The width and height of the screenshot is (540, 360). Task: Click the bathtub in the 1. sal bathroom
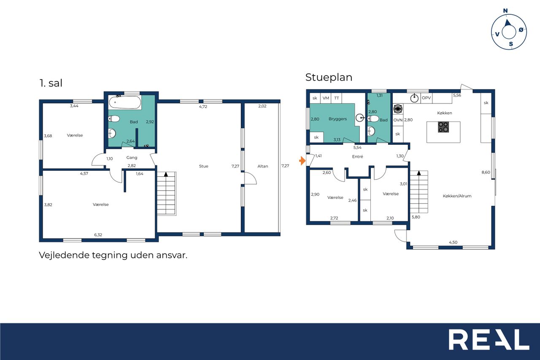[x=125, y=103]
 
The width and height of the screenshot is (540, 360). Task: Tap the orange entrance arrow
[x=302, y=161]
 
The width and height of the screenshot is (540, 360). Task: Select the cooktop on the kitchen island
[x=443, y=127]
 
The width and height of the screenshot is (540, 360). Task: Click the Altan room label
[x=262, y=166]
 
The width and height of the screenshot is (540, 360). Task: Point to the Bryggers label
[x=337, y=119]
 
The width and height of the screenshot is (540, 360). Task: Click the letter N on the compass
[x=505, y=11]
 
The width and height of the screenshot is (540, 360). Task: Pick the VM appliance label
[x=326, y=98]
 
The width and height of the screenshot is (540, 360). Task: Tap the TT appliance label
[x=337, y=98]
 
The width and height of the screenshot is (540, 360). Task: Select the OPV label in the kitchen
[x=426, y=98]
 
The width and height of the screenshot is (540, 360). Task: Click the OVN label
[x=398, y=120]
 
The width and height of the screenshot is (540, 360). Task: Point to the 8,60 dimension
[x=486, y=172]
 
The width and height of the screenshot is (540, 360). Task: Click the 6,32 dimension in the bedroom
[x=98, y=235]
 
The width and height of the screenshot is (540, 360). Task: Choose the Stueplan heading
[x=329, y=77]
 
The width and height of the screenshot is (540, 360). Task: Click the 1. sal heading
[x=51, y=83]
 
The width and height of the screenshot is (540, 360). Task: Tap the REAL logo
[x=489, y=340]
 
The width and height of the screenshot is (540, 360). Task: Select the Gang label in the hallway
[x=132, y=158]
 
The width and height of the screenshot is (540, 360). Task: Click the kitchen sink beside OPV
[x=414, y=98]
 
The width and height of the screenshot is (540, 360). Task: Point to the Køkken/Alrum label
[x=457, y=196]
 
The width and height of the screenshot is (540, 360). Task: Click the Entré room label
[x=357, y=157]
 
